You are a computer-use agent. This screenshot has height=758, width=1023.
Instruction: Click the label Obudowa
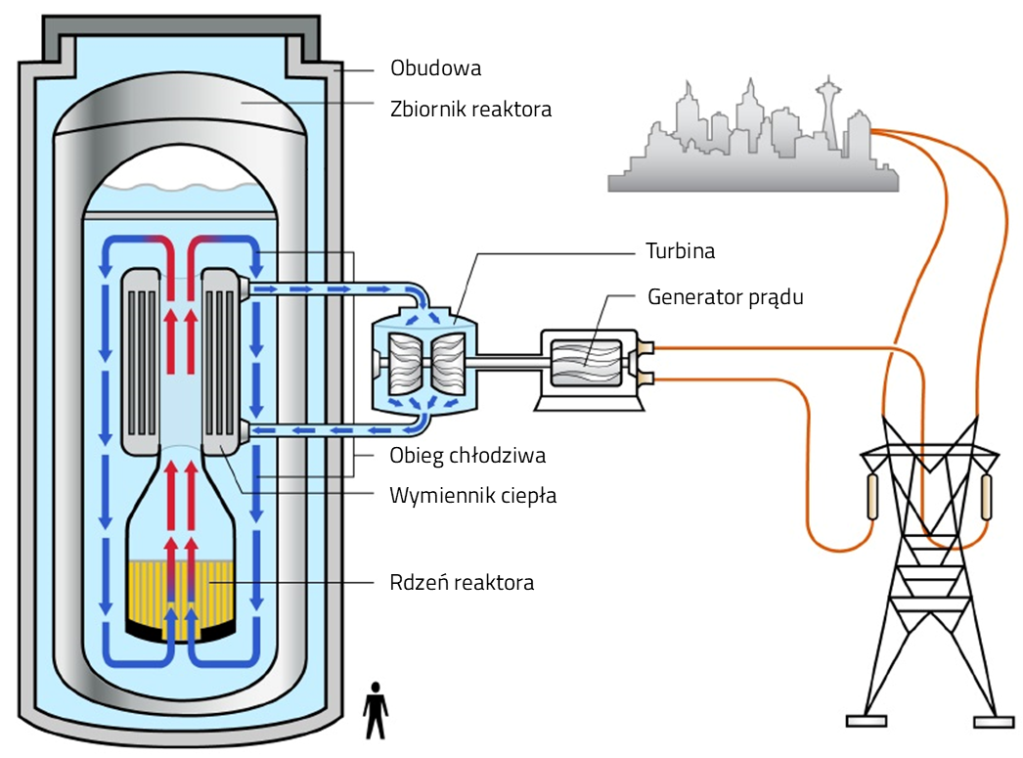tap(435, 69)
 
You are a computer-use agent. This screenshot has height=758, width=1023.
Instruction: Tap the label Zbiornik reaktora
tap(469, 109)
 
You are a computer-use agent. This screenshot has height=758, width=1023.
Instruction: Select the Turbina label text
tap(680, 250)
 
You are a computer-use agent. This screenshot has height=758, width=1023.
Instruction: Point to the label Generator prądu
tap(725, 296)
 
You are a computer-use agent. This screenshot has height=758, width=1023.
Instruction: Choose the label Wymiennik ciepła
tap(472, 495)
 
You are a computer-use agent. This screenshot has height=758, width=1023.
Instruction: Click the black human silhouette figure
tap(376, 710)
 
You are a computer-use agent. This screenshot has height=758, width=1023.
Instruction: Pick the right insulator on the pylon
tap(986, 497)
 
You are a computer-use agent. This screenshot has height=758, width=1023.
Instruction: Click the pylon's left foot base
tap(866, 722)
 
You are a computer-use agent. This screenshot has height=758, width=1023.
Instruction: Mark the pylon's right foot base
tap(996, 722)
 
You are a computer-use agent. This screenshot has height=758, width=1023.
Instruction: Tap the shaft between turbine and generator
tap(509, 361)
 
